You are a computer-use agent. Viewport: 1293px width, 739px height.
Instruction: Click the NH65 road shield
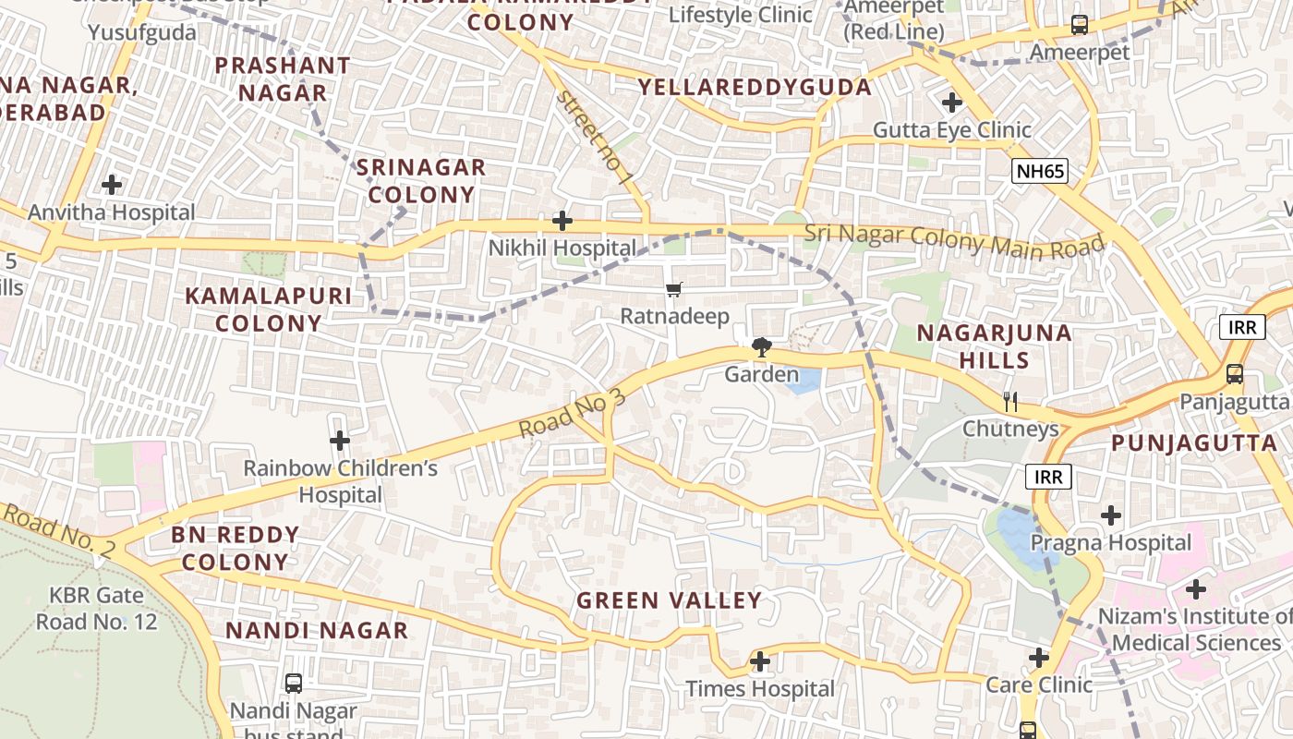tap(1039, 171)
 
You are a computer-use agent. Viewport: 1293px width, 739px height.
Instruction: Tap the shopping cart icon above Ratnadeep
tap(674, 290)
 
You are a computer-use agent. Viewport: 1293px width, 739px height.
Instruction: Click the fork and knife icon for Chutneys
tap(1010, 402)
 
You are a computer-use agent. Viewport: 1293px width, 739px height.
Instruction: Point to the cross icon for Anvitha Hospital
tap(112, 185)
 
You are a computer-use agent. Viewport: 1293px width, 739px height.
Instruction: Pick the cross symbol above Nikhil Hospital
tap(562, 221)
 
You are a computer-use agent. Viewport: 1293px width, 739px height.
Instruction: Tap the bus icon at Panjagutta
tap(1234, 375)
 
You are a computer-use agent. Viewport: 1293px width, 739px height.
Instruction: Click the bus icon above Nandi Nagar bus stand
tap(294, 684)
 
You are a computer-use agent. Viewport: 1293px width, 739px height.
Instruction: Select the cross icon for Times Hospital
tap(760, 661)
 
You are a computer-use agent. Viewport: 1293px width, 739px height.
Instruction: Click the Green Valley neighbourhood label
tap(670, 600)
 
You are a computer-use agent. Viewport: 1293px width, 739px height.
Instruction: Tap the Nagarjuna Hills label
tap(994, 346)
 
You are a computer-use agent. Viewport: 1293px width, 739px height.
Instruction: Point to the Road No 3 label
tap(572, 414)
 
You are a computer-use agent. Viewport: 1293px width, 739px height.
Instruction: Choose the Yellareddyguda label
tap(755, 88)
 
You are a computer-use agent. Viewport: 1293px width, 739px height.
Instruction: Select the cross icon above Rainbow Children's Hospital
tap(340, 441)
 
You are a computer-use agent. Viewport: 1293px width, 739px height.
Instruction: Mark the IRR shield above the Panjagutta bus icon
tap(1241, 327)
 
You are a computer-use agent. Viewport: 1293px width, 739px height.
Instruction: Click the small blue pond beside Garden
tap(804, 381)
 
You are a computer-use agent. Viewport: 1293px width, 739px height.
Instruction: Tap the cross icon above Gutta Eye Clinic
tap(952, 102)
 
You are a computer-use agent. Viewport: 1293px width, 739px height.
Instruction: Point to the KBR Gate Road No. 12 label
tap(97, 609)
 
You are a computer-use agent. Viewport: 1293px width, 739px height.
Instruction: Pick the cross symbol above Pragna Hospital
tap(1111, 515)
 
